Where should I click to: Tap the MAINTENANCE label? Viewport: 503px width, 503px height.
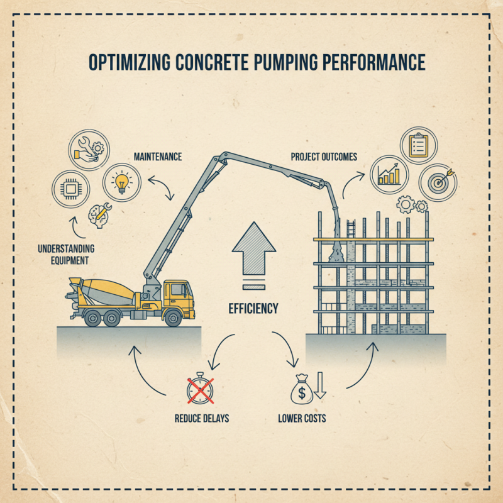click(x=157, y=155)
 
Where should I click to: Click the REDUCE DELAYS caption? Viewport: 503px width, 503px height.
click(x=202, y=417)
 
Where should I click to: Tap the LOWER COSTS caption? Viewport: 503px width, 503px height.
click(x=302, y=417)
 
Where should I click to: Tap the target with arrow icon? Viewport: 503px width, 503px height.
click(x=438, y=182)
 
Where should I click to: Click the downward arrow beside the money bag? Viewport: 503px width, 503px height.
click(x=319, y=385)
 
